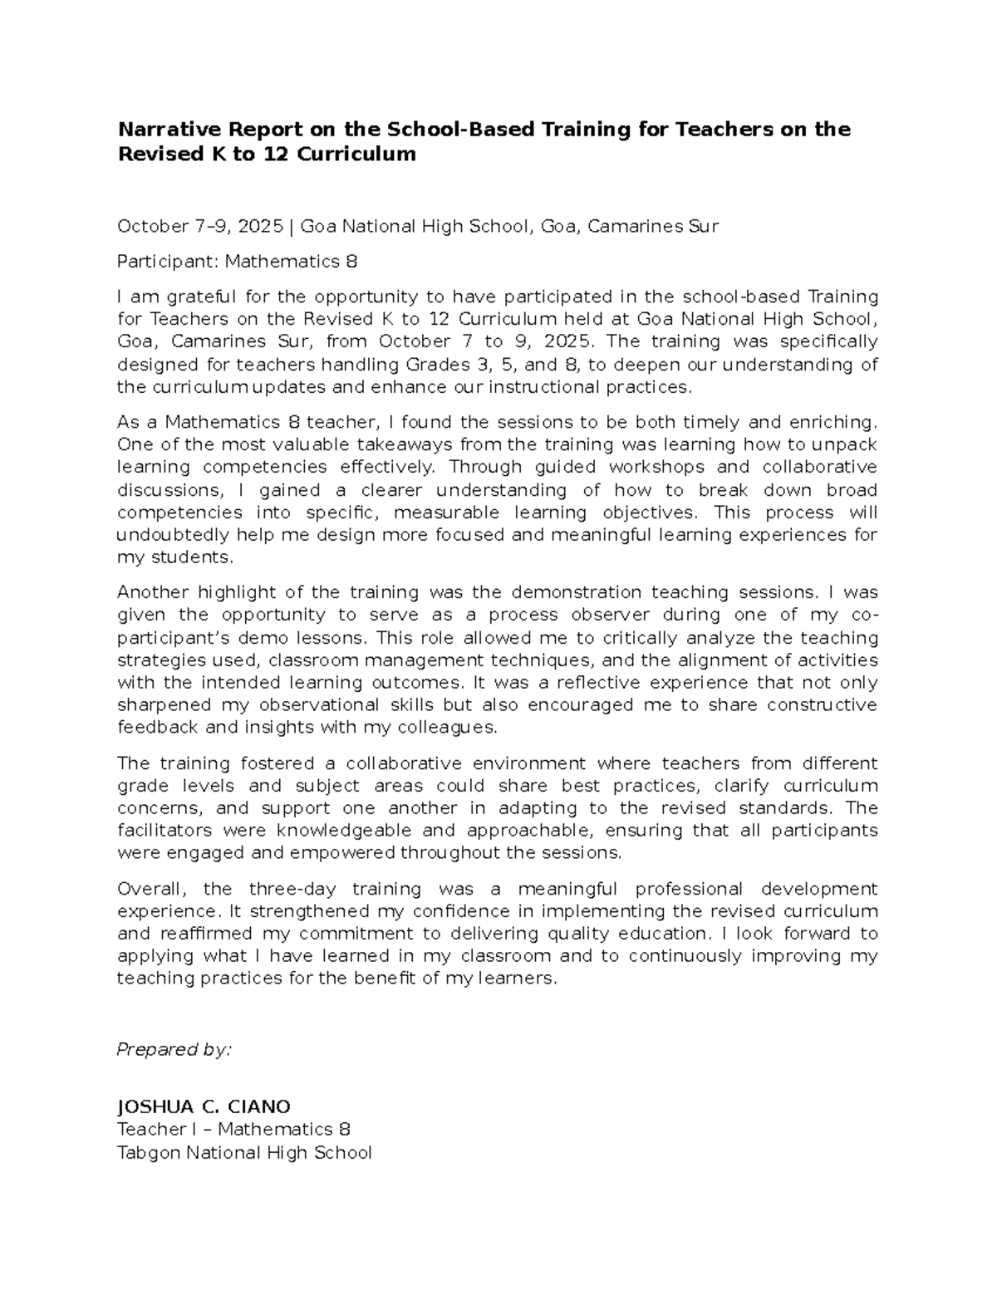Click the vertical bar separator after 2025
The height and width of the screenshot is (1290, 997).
[291, 226]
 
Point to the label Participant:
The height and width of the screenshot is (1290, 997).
[168, 262]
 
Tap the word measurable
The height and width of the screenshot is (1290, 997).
[448, 513]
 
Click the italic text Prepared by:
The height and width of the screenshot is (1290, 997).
[174, 1050]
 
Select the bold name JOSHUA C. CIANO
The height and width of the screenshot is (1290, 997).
[204, 1106]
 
